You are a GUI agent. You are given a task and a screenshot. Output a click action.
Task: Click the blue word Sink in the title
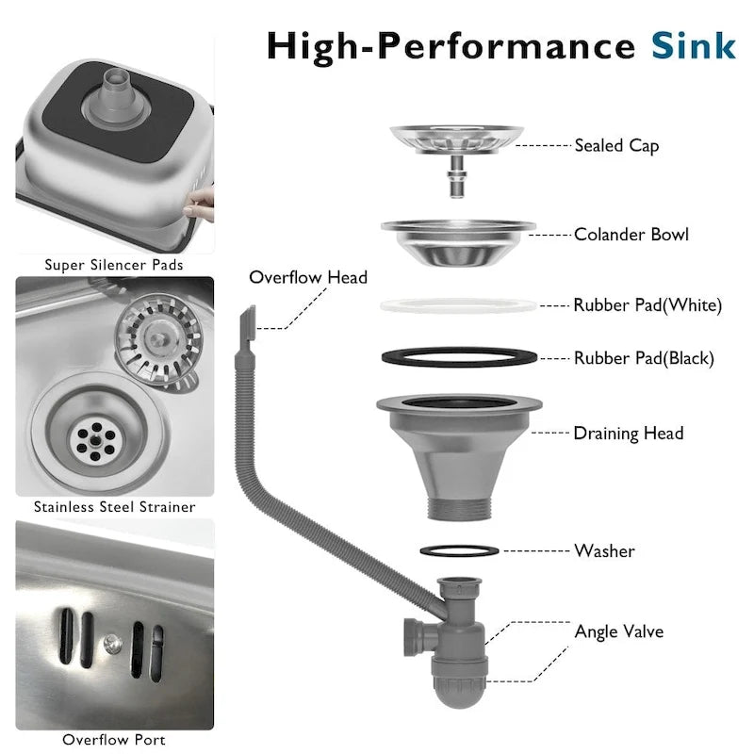point(694,45)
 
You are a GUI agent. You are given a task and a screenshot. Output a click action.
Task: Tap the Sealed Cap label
point(616,146)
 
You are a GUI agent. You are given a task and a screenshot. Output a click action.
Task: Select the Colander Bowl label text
point(631,235)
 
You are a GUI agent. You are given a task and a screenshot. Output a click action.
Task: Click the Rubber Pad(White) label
point(647,304)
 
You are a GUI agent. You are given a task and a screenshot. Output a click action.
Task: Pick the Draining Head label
point(629,434)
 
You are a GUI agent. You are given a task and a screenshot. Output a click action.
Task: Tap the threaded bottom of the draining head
point(459,509)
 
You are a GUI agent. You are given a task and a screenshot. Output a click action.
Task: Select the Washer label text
point(604,551)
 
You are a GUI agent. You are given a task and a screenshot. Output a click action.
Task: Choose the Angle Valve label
point(619,631)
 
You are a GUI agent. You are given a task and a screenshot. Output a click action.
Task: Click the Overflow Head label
point(308,277)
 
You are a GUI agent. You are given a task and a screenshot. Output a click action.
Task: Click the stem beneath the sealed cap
point(456,176)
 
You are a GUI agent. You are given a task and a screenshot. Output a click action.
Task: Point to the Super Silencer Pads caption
point(114,265)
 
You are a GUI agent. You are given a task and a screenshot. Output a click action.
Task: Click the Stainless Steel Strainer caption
point(114,507)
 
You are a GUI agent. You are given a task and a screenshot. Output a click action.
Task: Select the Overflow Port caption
point(114,740)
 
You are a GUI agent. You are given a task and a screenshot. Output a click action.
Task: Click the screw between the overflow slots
point(112,644)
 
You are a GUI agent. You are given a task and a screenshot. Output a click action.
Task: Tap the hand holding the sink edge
point(200,205)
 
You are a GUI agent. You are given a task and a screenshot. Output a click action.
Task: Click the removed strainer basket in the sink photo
point(158,340)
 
